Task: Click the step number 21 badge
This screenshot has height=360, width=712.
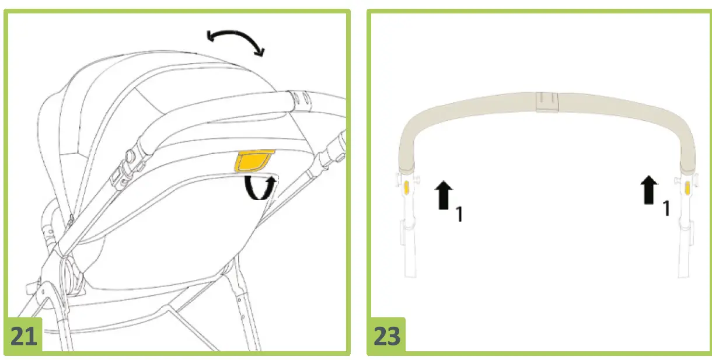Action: tap(23, 335)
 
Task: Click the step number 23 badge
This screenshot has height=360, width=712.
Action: tap(386, 335)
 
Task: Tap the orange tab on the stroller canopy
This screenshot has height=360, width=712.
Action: tap(254, 161)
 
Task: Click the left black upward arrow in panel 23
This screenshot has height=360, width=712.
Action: tap(444, 195)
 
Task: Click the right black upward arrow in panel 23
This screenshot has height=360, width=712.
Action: tap(649, 190)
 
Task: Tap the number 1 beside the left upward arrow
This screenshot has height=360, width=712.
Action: tap(459, 214)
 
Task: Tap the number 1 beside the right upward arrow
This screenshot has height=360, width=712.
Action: tap(666, 208)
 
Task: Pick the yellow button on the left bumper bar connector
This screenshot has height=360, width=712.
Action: tap(407, 187)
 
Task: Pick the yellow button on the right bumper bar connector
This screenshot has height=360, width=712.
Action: tap(687, 188)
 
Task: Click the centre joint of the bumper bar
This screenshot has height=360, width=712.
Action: tap(547, 102)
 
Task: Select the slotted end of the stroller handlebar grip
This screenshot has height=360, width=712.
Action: tap(300, 101)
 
